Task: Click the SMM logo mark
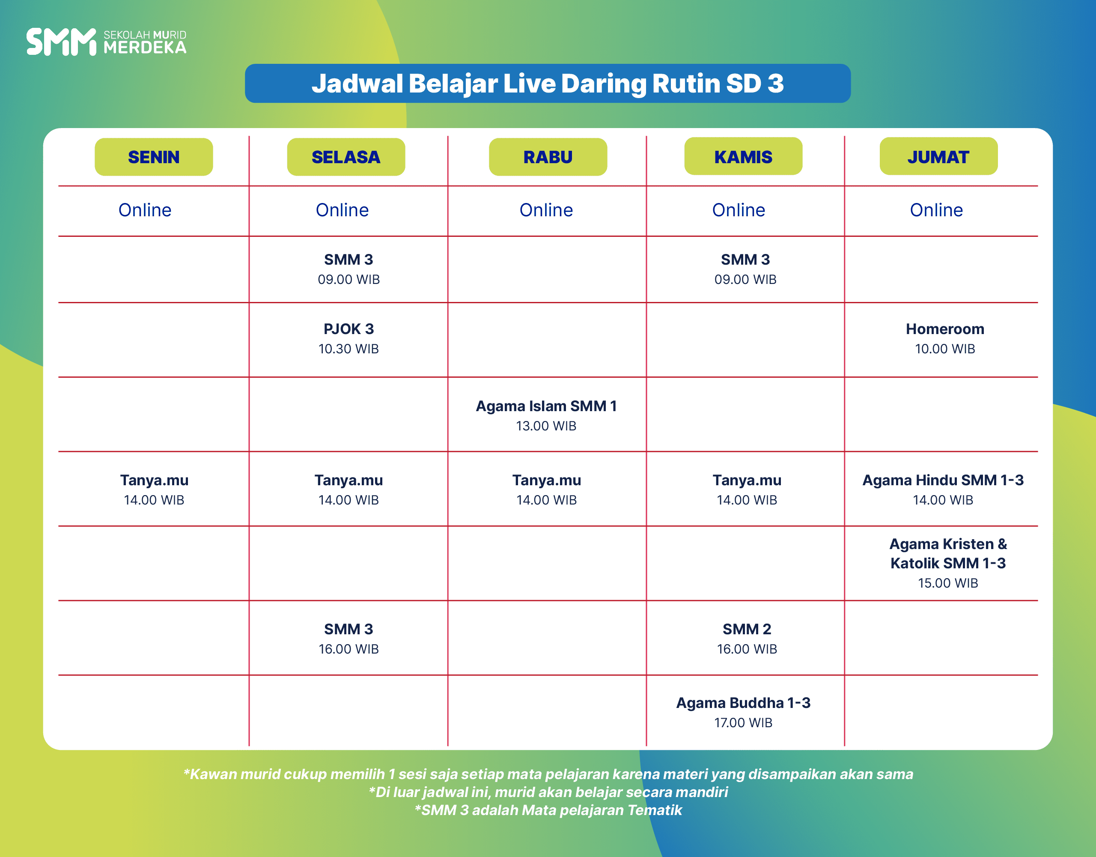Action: click(61, 42)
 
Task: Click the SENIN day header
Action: click(154, 157)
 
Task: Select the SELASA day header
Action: click(346, 157)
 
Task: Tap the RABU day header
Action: click(548, 157)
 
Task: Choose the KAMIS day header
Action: click(743, 157)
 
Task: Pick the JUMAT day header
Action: click(938, 157)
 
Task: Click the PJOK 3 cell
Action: click(349, 338)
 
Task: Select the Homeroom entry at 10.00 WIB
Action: click(945, 338)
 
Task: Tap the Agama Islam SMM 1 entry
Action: click(546, 415)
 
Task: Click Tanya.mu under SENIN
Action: click(154, 490)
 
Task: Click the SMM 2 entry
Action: click(747, 639)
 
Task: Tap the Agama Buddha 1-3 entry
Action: click(743, 712)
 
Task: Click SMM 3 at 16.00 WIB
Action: click(349, 639)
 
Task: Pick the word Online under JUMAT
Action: click(936, 210)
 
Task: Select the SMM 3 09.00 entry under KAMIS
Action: click(745, 269)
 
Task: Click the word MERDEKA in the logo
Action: click(145, 47)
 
